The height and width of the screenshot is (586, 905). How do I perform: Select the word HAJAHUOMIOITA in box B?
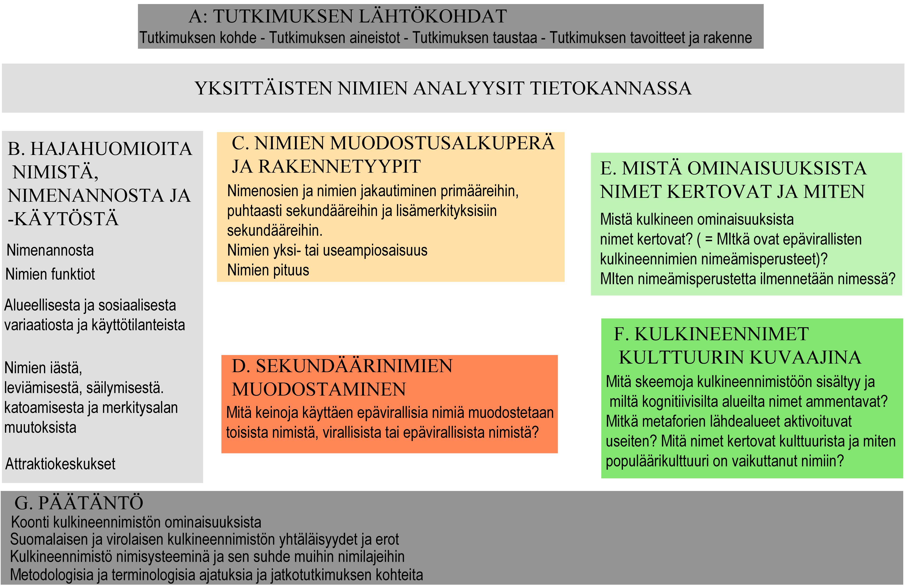[111, 149]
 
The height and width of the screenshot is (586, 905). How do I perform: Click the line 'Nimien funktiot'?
[50, 274]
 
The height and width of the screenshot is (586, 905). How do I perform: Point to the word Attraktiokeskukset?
[60, 464]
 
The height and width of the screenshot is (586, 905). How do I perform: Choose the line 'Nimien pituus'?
[268, 270]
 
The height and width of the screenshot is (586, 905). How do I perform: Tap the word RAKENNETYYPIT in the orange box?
[340, 166]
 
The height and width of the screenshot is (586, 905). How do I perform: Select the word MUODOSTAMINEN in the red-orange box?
[319, 389]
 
